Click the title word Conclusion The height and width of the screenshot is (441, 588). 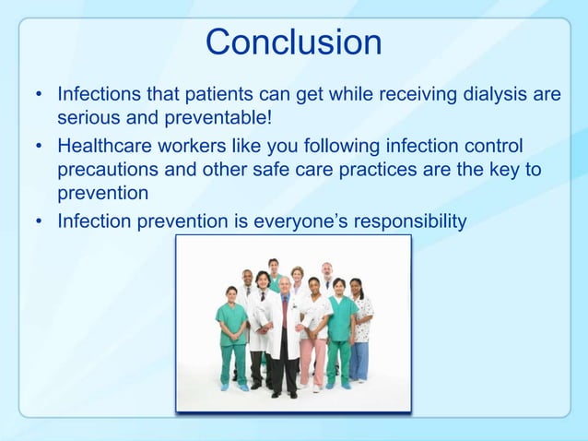pyautogui.click(x=293, y=42)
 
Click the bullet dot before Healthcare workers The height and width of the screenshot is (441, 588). pyautogui.click(x=39, y=147)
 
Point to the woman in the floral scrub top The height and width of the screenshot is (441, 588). pyautogui.click(x=360, y=318)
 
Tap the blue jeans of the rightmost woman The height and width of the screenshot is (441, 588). pyautogui.click(x=359, y=360)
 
